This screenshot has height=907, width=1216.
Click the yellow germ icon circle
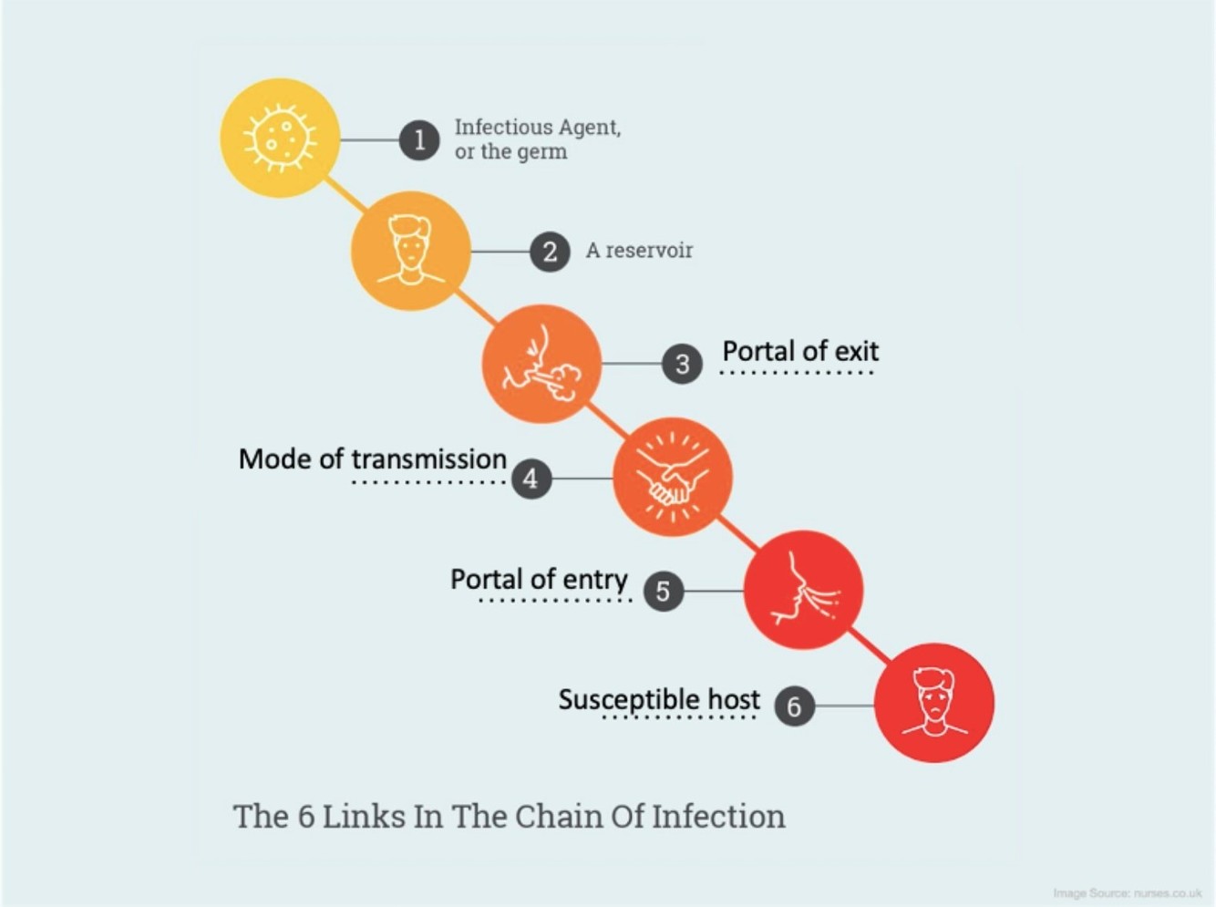(280, 139)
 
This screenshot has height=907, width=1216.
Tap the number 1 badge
(419, 139)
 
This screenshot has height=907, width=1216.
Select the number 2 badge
(550, 252)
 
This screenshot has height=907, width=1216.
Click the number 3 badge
(682, 365)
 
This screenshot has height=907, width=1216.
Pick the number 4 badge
(531, 478)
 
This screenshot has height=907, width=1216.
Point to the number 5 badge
(663, 591)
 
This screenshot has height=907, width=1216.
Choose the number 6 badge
(794, 706)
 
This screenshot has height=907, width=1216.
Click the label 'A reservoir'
(639, 251)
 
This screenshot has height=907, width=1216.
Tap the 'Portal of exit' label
(800, 351)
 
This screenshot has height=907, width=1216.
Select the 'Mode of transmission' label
(372, 459)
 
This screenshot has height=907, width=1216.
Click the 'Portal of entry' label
(539, 579)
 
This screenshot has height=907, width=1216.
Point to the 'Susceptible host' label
(659, 699)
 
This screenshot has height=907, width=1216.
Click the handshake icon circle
(673, 477)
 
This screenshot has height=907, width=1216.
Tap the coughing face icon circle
(541, 364)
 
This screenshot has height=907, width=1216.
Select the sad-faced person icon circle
(934, 703)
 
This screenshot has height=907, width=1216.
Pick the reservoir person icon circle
(411, 251)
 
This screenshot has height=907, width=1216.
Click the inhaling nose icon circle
(803, 590)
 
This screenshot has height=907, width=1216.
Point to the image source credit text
(1127, 893)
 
